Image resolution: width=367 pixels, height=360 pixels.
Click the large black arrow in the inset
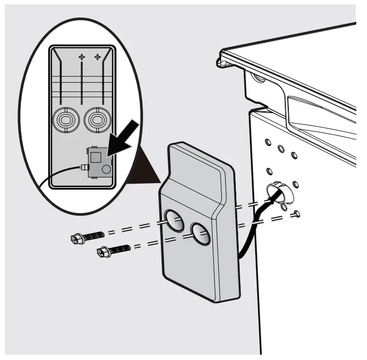tap(123, 139)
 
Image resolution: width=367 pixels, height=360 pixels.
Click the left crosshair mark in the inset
tap(82, 57)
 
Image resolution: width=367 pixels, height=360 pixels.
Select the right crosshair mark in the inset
tap(97, 57)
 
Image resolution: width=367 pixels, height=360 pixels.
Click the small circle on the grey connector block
tap(106, 169)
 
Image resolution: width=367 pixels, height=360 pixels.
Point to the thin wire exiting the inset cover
tap(53, 176)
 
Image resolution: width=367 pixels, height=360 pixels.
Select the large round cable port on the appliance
tap(277, 193)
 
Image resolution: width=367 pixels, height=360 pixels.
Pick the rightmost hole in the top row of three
tap(294, 154)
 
